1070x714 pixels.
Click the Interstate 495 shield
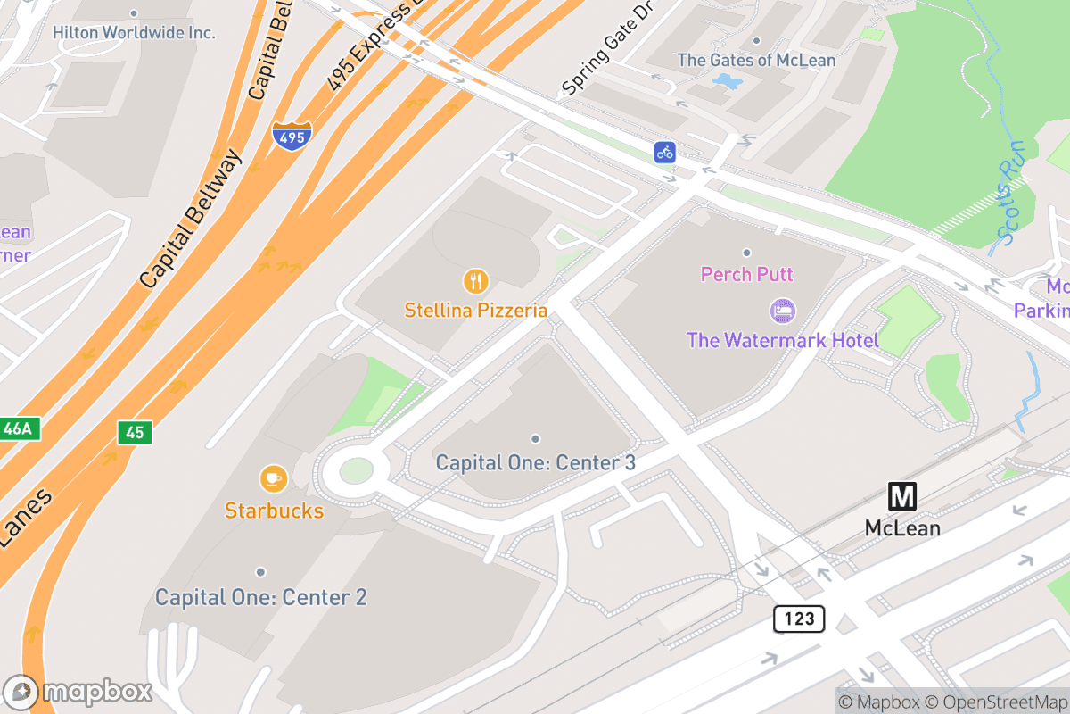[x=292, y=137]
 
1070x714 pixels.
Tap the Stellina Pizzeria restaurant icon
[x=476, y=281]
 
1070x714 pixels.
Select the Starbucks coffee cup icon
[x=273, y=479]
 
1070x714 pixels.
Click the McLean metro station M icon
[x=902, y=496]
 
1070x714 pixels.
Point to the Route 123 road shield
[x=798, y=619]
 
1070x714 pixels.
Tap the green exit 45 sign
[x=135, y=433]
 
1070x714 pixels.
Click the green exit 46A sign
[x=17, y=429]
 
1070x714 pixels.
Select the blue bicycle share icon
[x=664, y=152]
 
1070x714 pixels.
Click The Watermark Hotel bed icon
[x=782, y=311]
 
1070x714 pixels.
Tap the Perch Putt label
[x=746, y=274]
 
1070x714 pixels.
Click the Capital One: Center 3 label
[x=535, y=463]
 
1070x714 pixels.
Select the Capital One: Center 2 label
[x=260, y=597]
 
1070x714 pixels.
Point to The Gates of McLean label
[x=756, y=61]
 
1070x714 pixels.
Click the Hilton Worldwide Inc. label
[x=134, y=32]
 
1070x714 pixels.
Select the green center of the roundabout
[x=356, y=470]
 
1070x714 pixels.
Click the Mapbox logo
[x=78, y=692]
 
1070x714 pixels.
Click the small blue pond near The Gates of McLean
[x=728, y=82]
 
